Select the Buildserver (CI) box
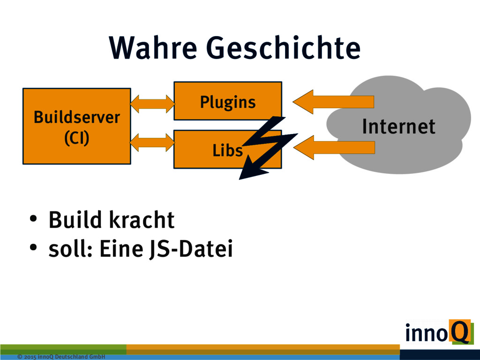pos(76,126)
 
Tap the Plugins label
pos(228,102)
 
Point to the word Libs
pos(227,150)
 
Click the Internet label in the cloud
pos(398,127)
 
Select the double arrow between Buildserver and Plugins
pos(152,104)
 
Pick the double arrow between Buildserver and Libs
pos(152,142)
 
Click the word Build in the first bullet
pos(75,220)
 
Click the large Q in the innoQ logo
pos(459,331)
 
